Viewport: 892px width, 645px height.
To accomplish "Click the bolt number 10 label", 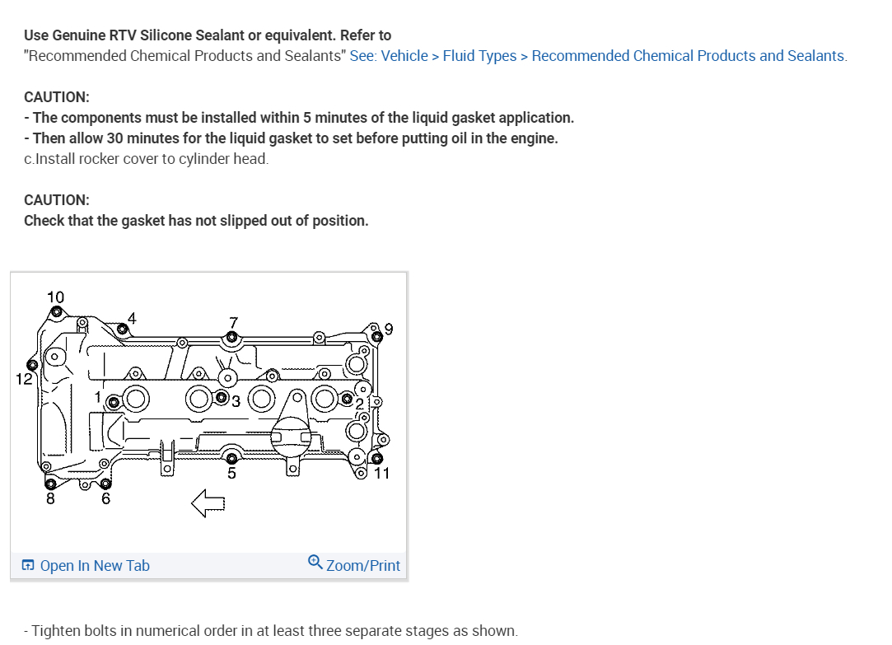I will click(55, 297).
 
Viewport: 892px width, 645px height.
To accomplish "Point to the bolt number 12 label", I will click(24, 379).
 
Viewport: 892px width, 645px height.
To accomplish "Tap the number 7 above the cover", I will click(233, 321).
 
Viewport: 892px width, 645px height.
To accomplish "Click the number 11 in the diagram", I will click(381, 473).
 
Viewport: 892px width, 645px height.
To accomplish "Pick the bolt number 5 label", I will click(231, 473).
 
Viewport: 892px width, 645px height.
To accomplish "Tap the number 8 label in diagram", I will click(50, 498).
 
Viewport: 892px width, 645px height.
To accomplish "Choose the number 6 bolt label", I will click(105, 498).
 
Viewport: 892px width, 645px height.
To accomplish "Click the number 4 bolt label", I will click(131, 318).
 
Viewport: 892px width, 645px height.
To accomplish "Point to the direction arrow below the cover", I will click(208, 503).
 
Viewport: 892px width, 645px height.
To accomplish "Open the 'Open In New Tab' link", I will click(95, 566).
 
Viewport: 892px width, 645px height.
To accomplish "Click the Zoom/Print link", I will click(362, 566).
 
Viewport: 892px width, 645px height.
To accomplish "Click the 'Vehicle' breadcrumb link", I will click(404, 56).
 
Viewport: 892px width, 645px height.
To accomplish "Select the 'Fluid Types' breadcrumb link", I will click(479, 56).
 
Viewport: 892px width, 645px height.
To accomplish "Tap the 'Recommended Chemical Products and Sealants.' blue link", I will click(689, 56).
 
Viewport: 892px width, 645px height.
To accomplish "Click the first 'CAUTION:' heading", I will click(57, 97).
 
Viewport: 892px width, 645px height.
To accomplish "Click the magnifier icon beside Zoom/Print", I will click(315, 563).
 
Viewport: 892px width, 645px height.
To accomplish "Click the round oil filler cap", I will click(290, 435).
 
